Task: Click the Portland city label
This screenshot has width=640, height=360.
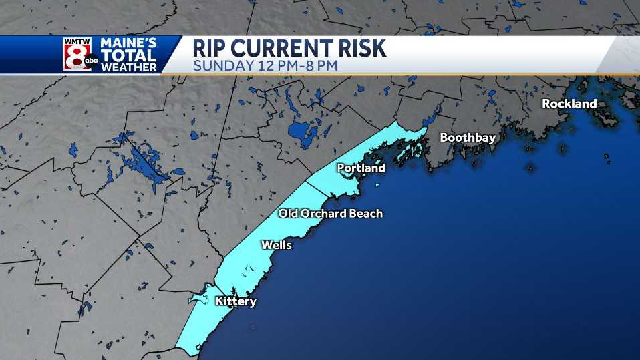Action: (x=361, y=168)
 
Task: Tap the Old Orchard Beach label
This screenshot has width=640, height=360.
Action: (x=330, y=214)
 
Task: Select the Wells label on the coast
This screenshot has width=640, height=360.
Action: (x=276, y=246)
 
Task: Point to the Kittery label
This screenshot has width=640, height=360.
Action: (x=235, y=302)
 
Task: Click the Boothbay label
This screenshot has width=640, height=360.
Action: (x=467, y=138)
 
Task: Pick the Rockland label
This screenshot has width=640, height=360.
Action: (x=569, y=104)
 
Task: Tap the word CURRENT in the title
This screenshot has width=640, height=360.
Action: (x=283, y=49)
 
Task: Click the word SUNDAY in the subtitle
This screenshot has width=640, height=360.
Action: (x=221, y=65)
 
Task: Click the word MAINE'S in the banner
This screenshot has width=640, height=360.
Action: (x=128, y=44)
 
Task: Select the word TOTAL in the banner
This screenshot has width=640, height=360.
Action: (x=128, y=56)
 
